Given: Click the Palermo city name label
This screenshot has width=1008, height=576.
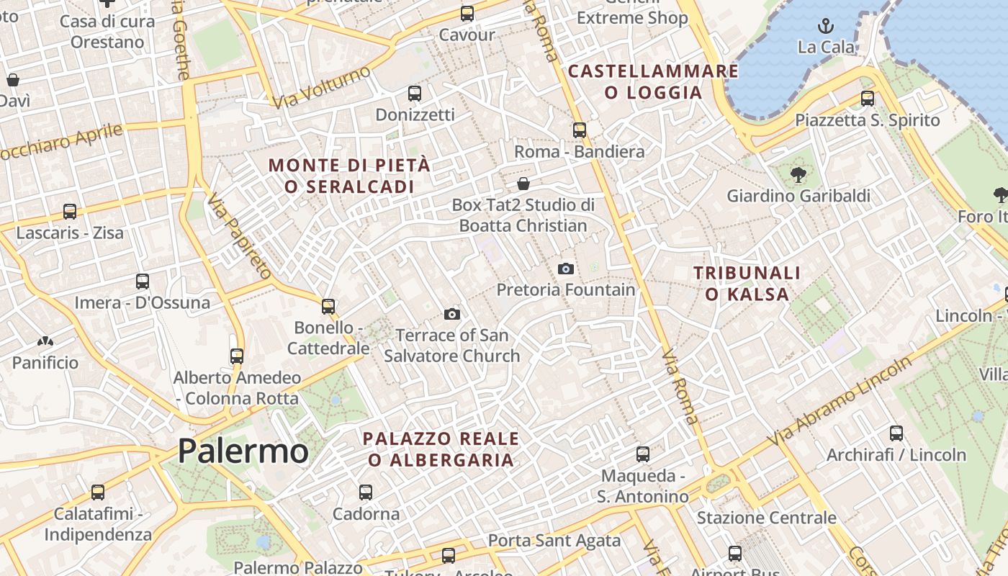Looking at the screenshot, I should [x=243, y=451].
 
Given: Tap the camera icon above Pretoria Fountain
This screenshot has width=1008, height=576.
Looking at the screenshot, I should [x=566, y=269].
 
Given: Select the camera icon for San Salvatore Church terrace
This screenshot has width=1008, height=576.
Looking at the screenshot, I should [x=452, y=314].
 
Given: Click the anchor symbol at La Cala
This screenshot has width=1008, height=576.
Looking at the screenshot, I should [x=825, y=27].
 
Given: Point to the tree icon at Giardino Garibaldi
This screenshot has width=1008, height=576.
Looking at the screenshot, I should [x=798, y=174].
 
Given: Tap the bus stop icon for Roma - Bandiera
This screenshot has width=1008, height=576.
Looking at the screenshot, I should [x=580, y=130].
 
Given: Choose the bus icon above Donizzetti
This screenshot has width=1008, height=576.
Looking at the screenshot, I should [x=415, y=94].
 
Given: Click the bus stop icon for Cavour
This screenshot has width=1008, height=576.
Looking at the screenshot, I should [x=467, y=13].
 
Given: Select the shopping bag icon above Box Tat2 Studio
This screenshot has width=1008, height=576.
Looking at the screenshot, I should [x=523, y=184].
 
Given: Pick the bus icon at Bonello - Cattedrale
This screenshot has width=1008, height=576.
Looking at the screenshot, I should [x=328, y=307].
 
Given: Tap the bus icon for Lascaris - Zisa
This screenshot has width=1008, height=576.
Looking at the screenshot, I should [x=70, y=212].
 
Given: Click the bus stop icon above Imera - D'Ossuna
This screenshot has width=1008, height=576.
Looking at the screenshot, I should [x=143, y=282].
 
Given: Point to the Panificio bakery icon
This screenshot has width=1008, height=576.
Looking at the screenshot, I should [x=45, y=341].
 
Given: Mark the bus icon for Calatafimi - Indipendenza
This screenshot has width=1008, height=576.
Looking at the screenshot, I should [x=98, y=492].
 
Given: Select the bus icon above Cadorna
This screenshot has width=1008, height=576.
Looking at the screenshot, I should [x=366, y=492].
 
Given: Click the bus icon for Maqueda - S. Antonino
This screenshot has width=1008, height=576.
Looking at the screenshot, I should [x=643, y=454].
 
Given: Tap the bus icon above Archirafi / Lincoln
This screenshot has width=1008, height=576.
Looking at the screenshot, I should [x=896, y=433].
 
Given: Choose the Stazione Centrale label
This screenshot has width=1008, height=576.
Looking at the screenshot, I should [x=766, y=518].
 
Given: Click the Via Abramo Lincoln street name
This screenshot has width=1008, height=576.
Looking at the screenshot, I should [x=839, y=402].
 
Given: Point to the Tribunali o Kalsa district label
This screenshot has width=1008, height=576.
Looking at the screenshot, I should [x=747, y=283].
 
